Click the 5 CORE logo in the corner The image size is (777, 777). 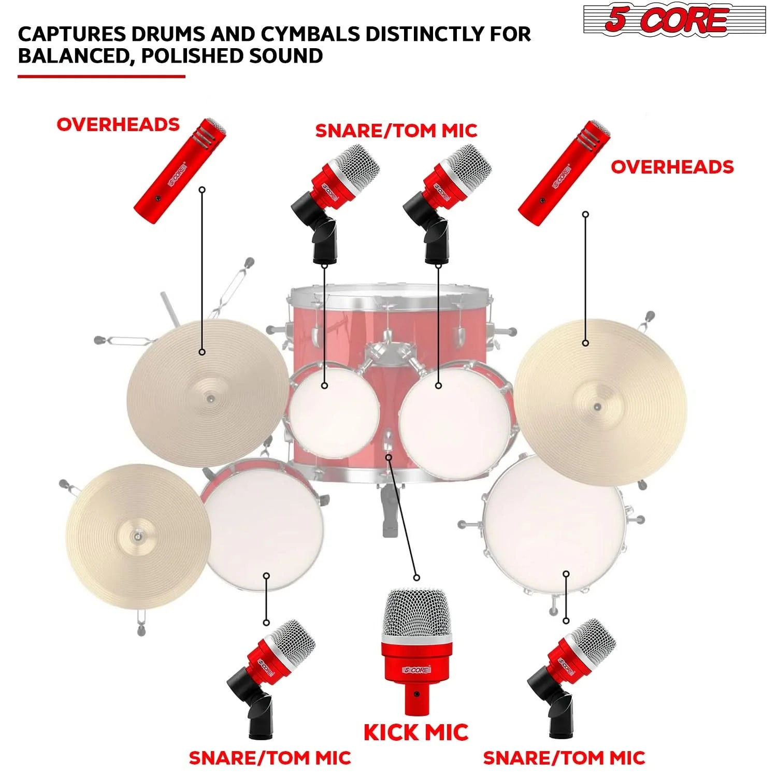point(674,20)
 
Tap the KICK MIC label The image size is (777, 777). point(416,732)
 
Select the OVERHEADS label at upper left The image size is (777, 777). point(118,124)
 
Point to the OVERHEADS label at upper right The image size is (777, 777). point(672,167)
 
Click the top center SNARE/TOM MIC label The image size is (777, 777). point(396,131)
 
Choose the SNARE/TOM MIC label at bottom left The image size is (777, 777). point(270,758)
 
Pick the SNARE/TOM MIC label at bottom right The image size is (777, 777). point(564,758)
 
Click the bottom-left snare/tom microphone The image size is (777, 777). point(270,678)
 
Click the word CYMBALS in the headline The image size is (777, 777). point(310,34)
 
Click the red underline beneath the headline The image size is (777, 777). point(102,77)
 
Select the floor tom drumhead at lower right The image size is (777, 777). point(554,526)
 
